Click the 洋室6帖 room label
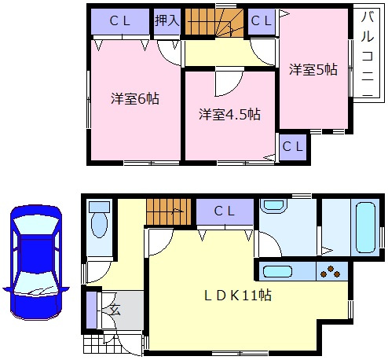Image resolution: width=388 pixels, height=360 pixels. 136,100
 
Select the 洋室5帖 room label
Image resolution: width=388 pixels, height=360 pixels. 313,69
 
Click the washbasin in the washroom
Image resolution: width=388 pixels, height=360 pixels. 274,208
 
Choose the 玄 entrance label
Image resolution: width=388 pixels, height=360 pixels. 115,308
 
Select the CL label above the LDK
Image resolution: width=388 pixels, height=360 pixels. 225,210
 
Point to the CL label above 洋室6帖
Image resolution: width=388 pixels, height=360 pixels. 119,20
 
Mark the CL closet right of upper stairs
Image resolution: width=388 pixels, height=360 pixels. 262,21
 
